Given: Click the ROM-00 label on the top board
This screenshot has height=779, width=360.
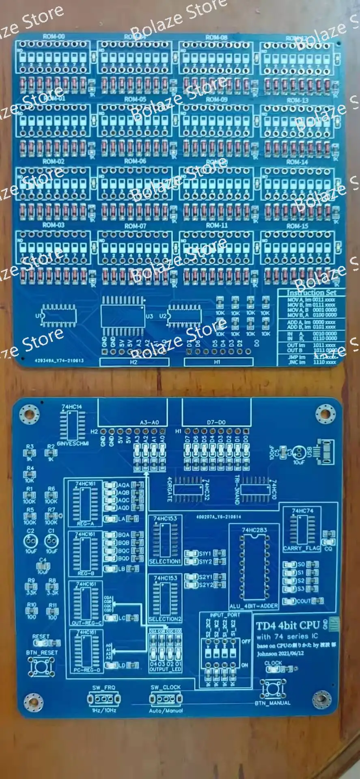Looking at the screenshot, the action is tap(54, 37).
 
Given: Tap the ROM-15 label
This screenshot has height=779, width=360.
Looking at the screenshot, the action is tap(297, 226).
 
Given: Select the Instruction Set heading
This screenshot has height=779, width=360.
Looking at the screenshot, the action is tap(311, 293).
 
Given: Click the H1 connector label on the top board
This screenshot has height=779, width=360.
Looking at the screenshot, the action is tap(217, 362).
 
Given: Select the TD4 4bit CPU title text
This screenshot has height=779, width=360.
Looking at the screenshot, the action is tap(288, 626).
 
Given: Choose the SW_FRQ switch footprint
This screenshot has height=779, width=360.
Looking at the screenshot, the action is tap(104, 699).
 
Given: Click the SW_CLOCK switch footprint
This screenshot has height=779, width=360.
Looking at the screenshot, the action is tap(166, 698).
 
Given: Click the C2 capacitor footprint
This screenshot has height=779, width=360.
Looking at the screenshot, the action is tap(31, 541).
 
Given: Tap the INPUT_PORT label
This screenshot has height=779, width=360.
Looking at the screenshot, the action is tap(225, 615).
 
